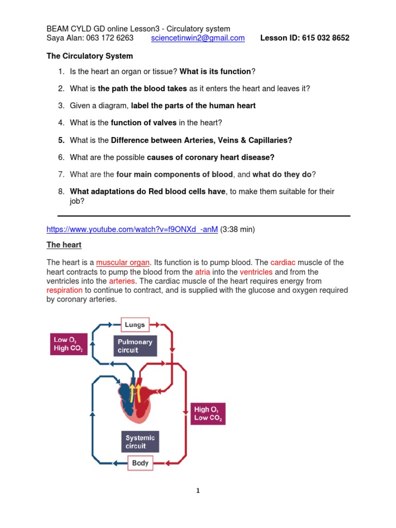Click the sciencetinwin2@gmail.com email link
pos(198,38)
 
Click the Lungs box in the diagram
pos(136,325)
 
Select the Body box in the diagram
pos(140,463)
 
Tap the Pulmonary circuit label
pos(135,346)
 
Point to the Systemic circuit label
pos(140,442)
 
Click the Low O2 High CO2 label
pos(68,344)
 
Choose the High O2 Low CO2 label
pos(208,414)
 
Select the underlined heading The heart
pos(64,245)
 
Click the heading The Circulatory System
pos(90,56)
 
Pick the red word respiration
pos(64,290)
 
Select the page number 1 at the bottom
pos(198,491)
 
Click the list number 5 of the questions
pos(61,140)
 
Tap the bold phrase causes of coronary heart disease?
pos(211,157)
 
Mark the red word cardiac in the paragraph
pos(282,262)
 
